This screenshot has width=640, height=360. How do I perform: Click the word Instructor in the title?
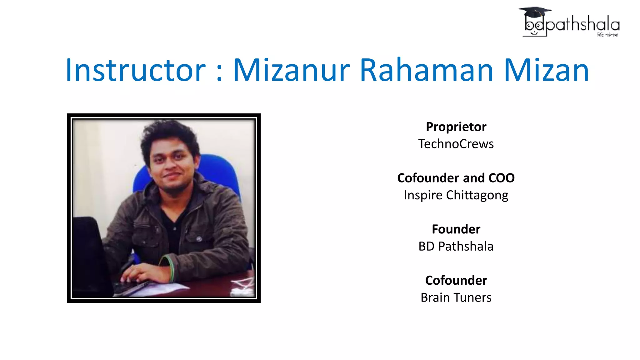click(135, 70)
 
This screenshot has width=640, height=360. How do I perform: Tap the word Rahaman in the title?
click(426, 70)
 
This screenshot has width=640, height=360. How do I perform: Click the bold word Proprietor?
click(456, 127)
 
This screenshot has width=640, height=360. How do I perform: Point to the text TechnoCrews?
click(456, 144)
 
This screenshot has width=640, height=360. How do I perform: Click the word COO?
click(501, 178)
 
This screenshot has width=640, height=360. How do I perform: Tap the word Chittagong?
click(477, 195)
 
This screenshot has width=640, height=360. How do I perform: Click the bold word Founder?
click(456, 229)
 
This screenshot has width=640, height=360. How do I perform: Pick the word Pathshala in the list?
click(466, 247)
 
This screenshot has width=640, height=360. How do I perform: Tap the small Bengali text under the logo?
click(607, 35)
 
